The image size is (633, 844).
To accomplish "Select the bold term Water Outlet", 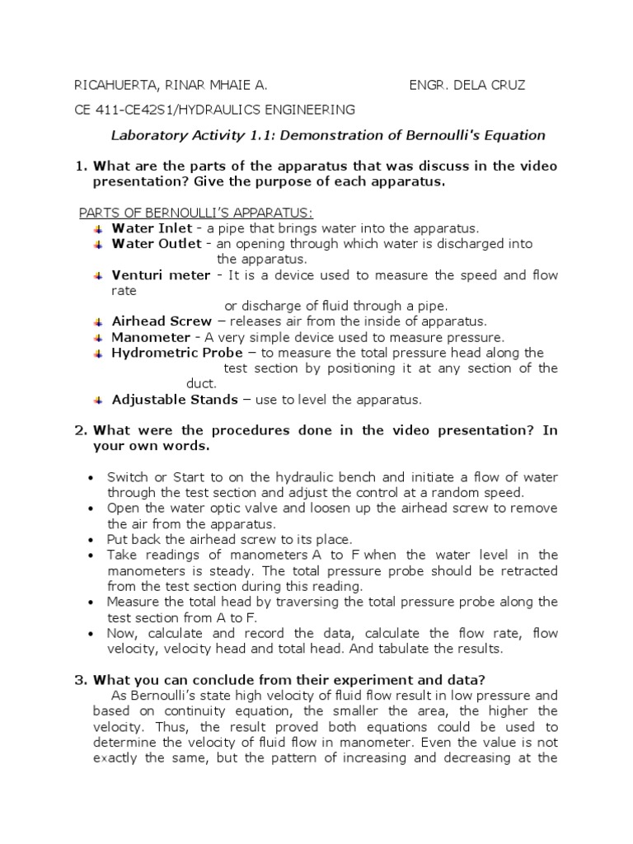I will tap(157, 244).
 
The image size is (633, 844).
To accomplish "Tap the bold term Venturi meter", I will tap(162, 275).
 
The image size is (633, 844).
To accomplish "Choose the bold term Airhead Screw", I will tap(162, 321).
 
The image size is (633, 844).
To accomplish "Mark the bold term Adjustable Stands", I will tap(175, 400).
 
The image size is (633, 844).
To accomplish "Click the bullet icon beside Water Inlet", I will tap(98, 228).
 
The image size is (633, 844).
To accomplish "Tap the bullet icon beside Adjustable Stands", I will tap(98, 400).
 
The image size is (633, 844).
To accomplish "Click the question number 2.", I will tap(80, 430).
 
